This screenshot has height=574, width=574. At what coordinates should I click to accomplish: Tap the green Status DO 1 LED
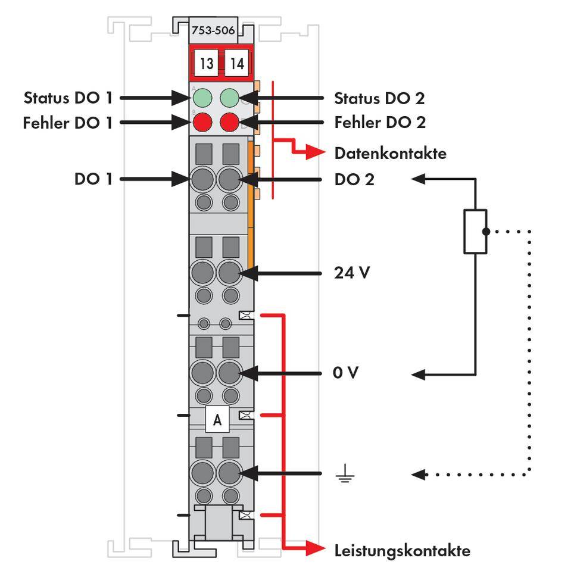point(204,97)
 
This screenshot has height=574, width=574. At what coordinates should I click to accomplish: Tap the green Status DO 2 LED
point(230,97)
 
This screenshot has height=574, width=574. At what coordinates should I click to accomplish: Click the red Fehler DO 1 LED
point(204,123)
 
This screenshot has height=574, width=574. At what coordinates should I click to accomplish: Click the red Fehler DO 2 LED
point(230,123)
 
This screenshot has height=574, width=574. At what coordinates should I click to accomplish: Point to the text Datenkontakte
point(390,154)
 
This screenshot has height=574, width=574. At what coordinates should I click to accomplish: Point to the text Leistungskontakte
point(402,550)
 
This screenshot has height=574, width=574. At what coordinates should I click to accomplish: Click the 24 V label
point(352,274)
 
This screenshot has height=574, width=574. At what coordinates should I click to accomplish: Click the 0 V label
point(347,374)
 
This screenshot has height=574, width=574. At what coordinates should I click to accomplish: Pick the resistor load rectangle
point(475,231)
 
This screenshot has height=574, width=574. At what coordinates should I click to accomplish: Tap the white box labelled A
point(217,420)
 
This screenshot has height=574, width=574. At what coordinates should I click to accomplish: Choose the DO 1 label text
point(93,179)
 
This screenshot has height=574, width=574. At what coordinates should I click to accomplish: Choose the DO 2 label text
point(354,179)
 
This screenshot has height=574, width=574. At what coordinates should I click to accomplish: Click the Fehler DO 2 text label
point(380,123)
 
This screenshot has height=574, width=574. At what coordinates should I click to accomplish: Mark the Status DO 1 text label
point(67,97)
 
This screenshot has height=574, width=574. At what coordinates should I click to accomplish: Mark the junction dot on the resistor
point(486,231)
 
